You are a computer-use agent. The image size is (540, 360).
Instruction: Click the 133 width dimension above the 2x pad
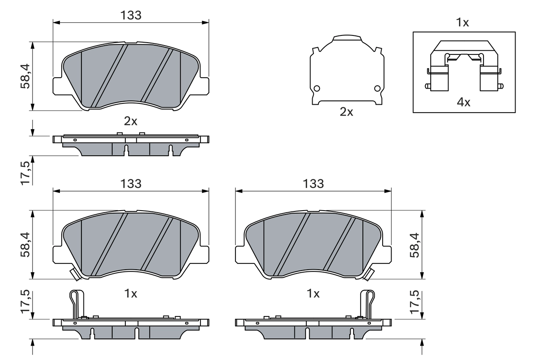(131, 15)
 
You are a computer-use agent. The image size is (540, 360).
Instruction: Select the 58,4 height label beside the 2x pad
(25, 76)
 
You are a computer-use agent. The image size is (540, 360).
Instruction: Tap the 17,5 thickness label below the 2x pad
(25, 172)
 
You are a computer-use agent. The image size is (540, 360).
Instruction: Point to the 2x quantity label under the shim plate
(346, 112)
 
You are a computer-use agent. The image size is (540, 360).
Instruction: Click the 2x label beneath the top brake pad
(131, 122)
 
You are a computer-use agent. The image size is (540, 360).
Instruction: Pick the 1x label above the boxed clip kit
(463, 23)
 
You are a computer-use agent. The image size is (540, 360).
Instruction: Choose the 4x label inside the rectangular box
(464, 102)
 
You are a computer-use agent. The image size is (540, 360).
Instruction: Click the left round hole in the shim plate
(317, 88)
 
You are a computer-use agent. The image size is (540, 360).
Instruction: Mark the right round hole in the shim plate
(378, 88)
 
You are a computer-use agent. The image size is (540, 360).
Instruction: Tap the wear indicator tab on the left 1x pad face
(75, 275)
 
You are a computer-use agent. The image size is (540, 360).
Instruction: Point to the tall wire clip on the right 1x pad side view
(367, 304)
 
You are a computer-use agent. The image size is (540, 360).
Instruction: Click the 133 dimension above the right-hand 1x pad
(313, 184)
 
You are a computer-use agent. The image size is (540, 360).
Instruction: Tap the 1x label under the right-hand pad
(313, 294)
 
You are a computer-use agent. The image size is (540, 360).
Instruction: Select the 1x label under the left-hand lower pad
(131, 294)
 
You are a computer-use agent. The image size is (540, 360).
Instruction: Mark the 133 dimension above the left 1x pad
(131, 184)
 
